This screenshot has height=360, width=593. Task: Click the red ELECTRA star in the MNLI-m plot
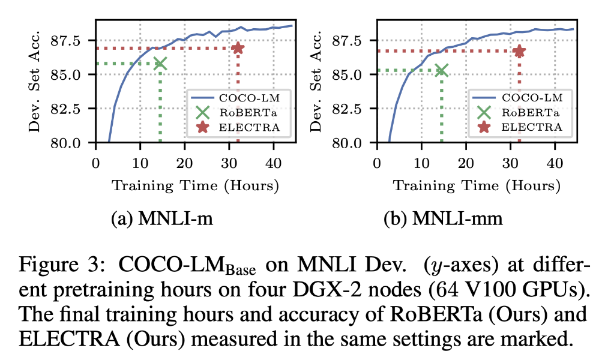tap(238, 48)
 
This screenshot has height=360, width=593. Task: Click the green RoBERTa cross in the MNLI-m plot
tap(160, 64)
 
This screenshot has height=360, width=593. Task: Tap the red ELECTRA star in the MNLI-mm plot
tap(519, 51)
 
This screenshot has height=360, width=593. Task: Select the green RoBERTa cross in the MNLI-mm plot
tap(441, 70)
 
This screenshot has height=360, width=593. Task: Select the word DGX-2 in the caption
tap(332, 290)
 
